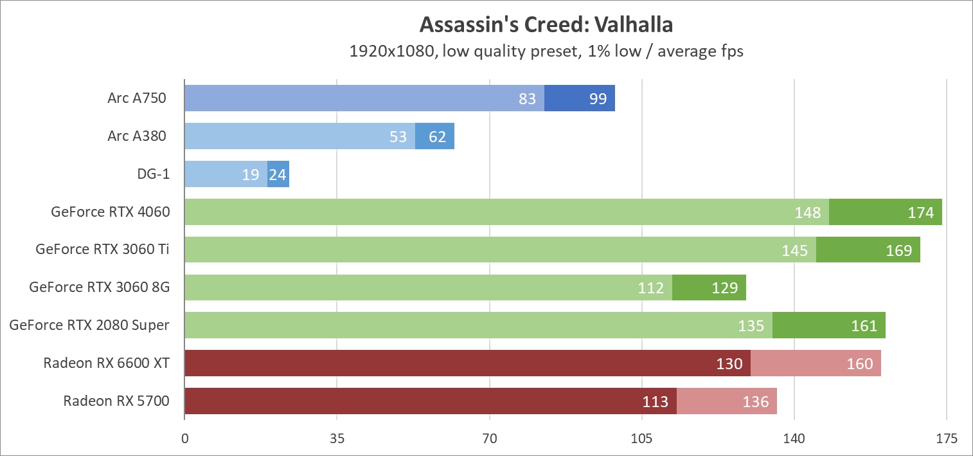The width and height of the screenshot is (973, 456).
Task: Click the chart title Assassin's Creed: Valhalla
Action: pos(546,24)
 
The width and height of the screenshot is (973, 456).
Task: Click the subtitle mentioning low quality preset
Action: pos(546,51)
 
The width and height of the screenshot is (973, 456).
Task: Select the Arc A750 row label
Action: pos(137,98)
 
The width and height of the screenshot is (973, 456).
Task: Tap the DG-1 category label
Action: pos(154,174)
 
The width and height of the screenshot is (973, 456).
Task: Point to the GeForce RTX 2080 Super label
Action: pos(89,325)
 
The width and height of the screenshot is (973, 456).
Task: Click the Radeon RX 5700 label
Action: pos(116,401)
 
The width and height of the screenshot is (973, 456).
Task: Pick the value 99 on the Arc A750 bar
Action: pos(598,99)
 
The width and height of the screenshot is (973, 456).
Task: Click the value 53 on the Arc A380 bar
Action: pos(398,137)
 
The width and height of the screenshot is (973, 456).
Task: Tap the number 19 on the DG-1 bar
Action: pos(251,175)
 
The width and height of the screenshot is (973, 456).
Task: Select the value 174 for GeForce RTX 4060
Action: pos(921,213)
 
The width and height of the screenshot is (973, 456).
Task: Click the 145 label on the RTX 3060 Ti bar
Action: pos(795,251)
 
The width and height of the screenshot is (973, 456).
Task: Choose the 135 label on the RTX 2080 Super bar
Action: pos(751,326)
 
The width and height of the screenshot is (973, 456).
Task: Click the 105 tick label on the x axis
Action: pos(642,439)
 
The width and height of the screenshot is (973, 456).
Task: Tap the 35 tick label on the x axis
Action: pos(337,439)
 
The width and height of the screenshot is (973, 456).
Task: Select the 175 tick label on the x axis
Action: pos(947,439)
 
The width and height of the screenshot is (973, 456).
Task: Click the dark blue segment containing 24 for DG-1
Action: pos(278,175)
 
